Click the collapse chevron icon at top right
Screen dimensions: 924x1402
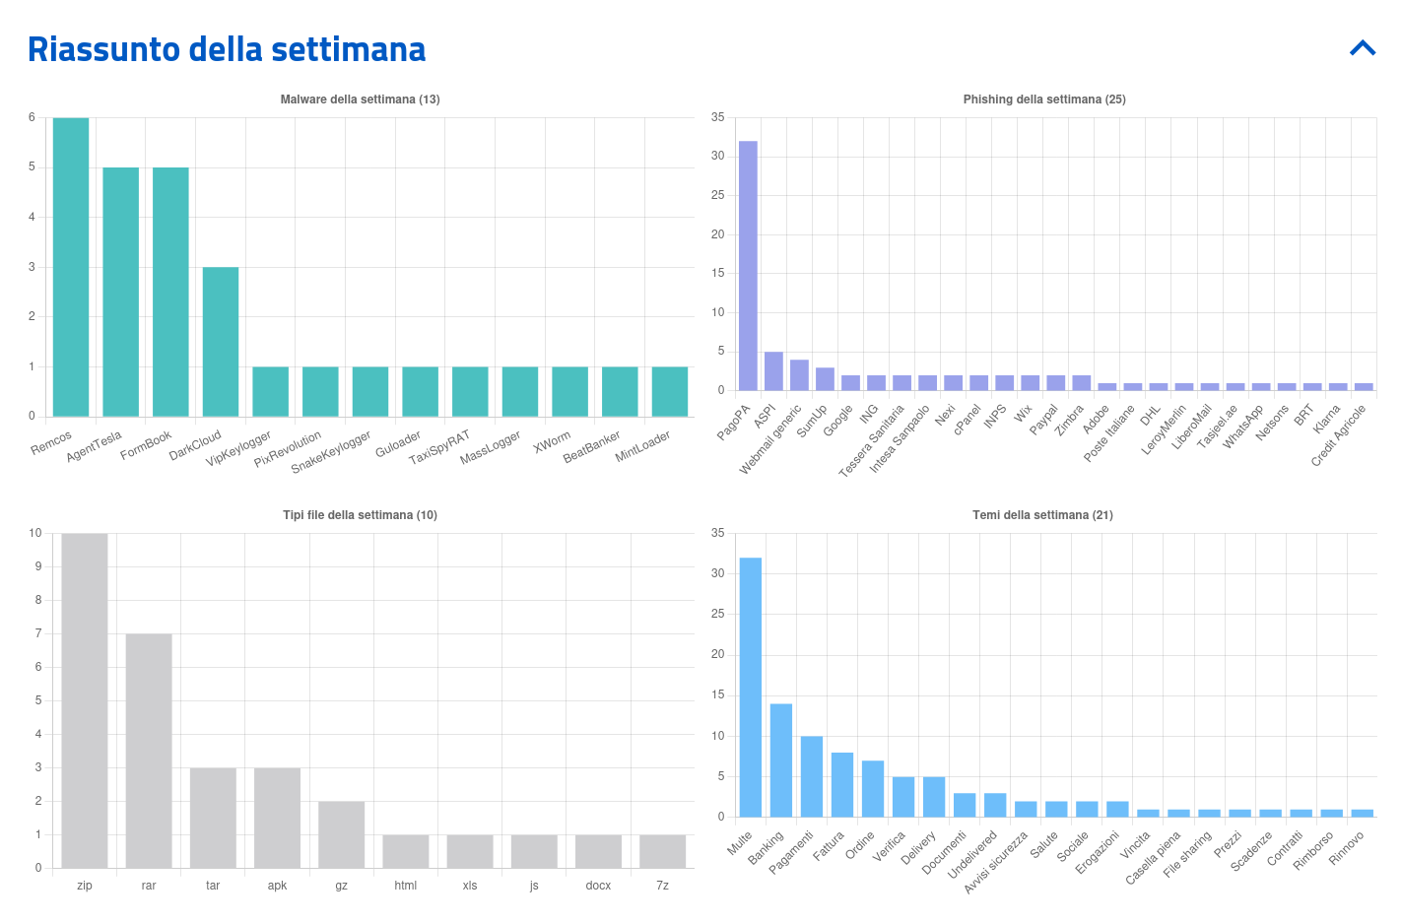click(1363, 48)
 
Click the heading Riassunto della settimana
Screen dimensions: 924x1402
click(227, 49)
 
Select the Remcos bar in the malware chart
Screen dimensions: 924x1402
click(71, 267)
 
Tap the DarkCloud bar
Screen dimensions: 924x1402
click(221, 342)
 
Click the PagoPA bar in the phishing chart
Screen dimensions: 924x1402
click(748, 266)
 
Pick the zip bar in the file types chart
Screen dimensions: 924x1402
click(85, 700)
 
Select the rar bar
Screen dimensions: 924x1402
click(149, 751)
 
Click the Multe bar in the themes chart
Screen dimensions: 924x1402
click(751, 688)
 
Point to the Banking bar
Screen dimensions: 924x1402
click(781, 760)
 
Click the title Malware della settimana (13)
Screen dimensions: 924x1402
click(360, 99)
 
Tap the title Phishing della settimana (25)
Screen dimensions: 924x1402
click(1044, 99)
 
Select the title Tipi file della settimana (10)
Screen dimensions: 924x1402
click(360, 515)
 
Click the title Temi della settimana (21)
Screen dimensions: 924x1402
click(1042, 515)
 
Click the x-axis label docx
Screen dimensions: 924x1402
click(598, 886)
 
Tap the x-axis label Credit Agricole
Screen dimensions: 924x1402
click(1339, 435)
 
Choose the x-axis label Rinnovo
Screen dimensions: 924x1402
click(1347, 848)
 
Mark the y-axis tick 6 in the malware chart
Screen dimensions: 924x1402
click(32, 117)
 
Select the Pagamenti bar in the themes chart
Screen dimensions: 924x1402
click(812, 776)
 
